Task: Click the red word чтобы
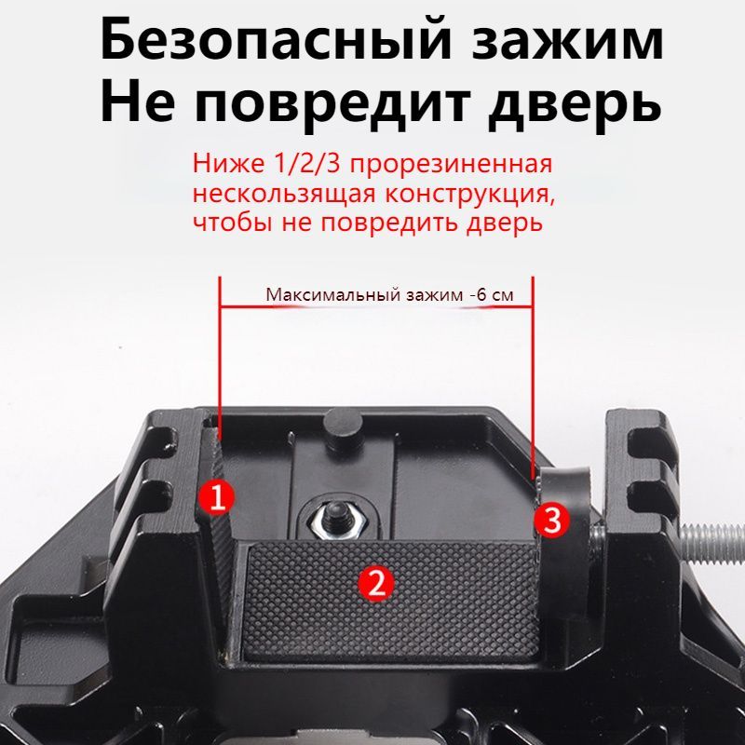coord(223,224)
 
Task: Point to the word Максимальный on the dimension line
coord(332,295)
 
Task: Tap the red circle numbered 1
coord(216,496)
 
